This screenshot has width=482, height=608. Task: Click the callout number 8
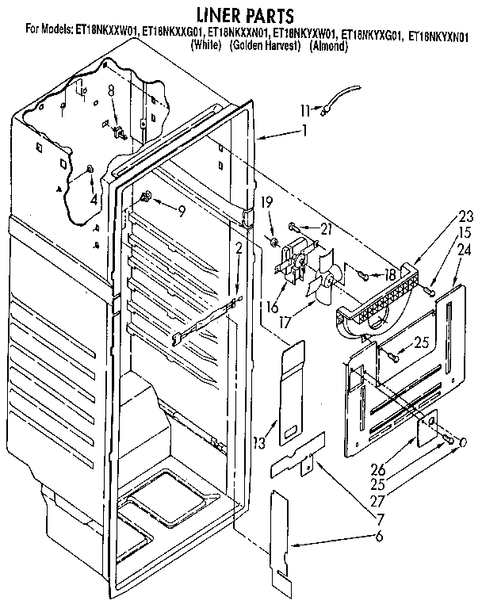[111, 91]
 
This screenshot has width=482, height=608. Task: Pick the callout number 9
[182, 212]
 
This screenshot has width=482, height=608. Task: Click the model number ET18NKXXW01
[105, 33]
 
